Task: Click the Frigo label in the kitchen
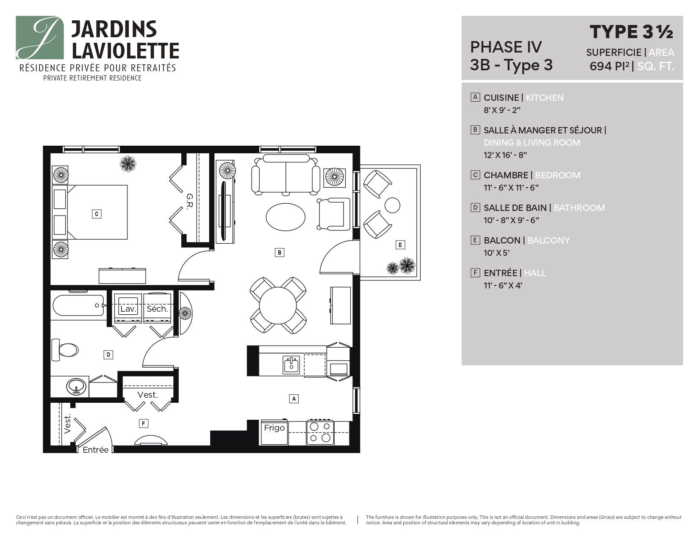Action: (x=274, y=428)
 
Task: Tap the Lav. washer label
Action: (x=128, y=309)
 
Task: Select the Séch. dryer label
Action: (x=157, y=309)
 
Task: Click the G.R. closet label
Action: (x=189, y=201)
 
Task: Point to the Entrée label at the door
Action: (x=95, y=450)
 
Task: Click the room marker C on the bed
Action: (x=97, y=214)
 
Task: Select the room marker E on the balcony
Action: (x=400, y=244)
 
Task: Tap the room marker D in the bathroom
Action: (x=108, y=354)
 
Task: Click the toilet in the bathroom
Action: (x=65, y=350)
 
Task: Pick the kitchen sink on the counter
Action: (x=291, y=365)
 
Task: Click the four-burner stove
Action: (x=320, y=432)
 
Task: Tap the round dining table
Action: (x=278, y=305)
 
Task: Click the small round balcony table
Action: (x=392, y=205)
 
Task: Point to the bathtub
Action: (x=78, y=305)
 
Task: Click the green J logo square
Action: (x=40, y=38)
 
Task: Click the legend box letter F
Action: (x=475, y=273)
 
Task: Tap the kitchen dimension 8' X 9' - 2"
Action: (x=502, y=110)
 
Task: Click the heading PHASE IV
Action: (x=506, y=47)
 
